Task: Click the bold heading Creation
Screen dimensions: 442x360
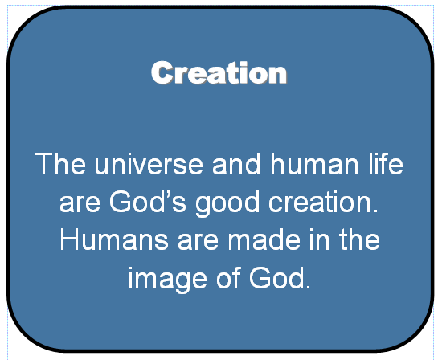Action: click(x=219, y=73)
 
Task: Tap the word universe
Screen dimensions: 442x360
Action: click(x=149, y=164)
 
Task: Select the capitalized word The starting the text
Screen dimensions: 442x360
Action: click(x=60, y=163)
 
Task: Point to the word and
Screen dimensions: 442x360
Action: click(x=236, y=163)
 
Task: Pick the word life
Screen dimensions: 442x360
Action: click(x=386, y=163)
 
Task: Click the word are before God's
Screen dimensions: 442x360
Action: click(x=80, y=202)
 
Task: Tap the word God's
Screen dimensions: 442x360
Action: click(x=148, y=202)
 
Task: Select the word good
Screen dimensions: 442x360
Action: click(x=227, y=204)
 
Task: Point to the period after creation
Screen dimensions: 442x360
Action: click(x=375, y=211)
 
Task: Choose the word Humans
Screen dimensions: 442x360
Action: click(x=114, y=239)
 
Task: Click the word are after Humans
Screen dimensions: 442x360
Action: click(x=198, y=241)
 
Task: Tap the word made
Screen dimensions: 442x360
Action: click(x=264, y=239)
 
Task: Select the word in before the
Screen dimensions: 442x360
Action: click(x=319, y=239)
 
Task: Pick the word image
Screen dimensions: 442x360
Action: click(x=168, y=280)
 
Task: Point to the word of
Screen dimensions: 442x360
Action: click(x=228, y=278)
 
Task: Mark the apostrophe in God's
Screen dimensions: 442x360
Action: click(x=166, y=194)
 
